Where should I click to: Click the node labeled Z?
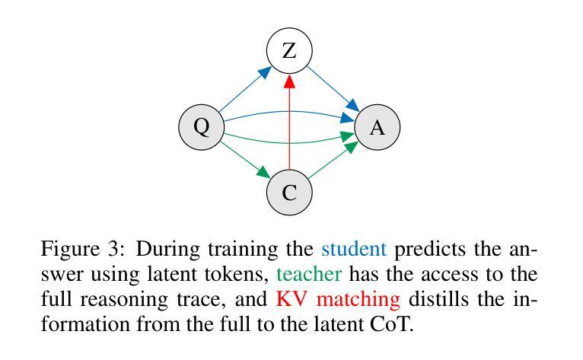[x=289, y=51]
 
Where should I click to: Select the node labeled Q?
[x=201, y=126]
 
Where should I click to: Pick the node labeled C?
[x=289, y=191]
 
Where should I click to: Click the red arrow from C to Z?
[x=289, y=122]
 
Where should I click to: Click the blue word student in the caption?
[x=354, y=249]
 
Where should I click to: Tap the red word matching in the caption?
[x=362, y=298]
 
